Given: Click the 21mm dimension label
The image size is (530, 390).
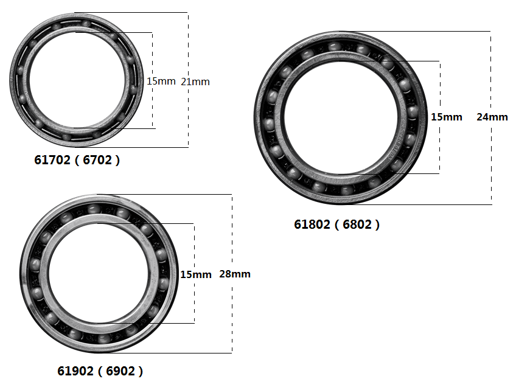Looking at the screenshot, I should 195,82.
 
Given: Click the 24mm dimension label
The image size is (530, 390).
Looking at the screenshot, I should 492,117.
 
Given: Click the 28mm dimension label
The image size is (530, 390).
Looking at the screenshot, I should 235,274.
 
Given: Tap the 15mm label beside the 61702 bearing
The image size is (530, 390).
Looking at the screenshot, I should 161,81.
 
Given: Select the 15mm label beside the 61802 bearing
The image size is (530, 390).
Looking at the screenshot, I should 446,117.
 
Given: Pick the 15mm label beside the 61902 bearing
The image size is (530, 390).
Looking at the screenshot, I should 196,274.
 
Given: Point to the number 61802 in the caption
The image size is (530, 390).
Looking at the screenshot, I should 312,225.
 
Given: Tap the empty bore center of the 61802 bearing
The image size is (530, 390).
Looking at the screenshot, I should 341,116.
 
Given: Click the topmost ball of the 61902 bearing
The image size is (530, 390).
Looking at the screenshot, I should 94,209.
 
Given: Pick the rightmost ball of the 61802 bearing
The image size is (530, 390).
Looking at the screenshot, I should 413,111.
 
